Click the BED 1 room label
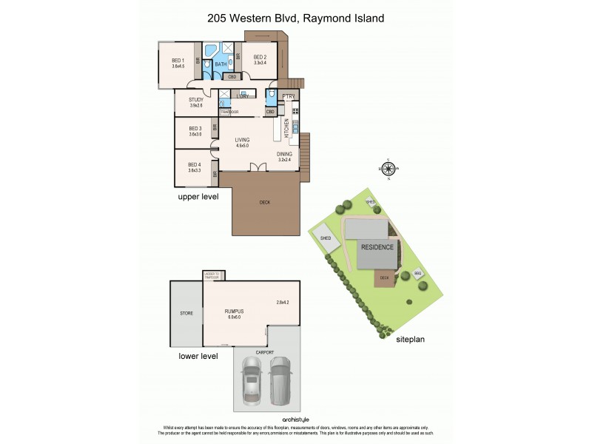pyautogui.click(x=178, y=61)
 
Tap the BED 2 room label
pyautogui.click(x=260, y=57)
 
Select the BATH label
pyautogui.click(x=221, y=64)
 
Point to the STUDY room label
pyautogui.click(x=196, y=100)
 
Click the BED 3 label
pyautogui.click(x=195, y=129)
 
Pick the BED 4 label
pyautogui.click(x=195, y=165)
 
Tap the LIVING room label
pyautogui.click(x=243, y=140)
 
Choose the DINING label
pyautogui.click(x=285, y=154)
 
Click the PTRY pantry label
pyautogui.click(x=289, y=96)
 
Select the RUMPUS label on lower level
pyautogui.click(x=235, y=311)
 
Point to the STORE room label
pyautogui.click(x=186, y=313)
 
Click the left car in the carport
pyautogui.click(x=252, y=380)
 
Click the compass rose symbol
pyautogui.click(x=389, y=169)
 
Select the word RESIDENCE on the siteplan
pyautogui.click(x=377, y=246)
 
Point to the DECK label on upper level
pyautogui.click(x=264, y=202)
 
